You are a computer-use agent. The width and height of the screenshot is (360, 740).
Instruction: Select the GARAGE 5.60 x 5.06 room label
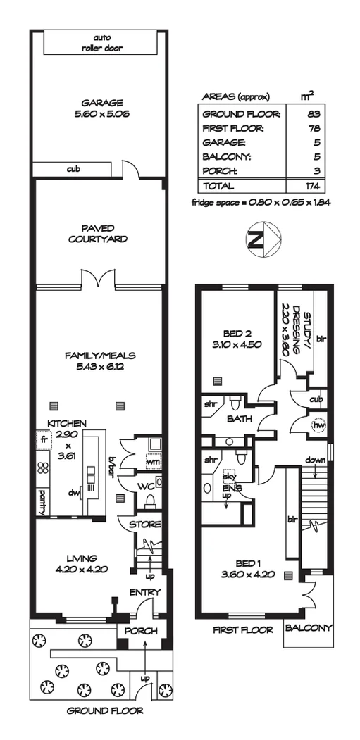tap(101, 108)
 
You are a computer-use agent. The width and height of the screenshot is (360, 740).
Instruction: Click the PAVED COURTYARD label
tap(98, 233)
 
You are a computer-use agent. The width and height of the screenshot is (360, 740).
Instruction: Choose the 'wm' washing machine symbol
tap(151, 459)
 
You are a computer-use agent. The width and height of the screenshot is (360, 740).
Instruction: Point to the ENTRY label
tap(145, 592)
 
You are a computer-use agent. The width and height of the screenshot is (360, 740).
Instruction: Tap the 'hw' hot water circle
tap(318, 426)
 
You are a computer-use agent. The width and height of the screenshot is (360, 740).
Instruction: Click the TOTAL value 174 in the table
tap(313, 187)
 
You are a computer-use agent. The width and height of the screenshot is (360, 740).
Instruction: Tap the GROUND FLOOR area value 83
tap(313, 113)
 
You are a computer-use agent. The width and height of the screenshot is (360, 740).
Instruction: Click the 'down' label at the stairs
tap(315, 460)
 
